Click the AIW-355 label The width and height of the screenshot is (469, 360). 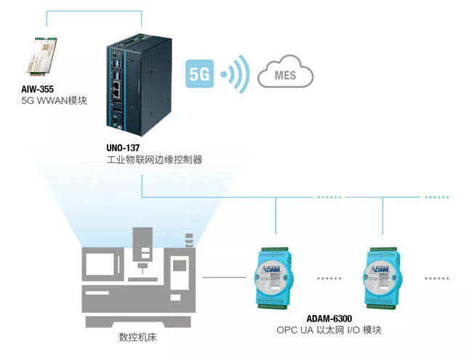pos(37,89)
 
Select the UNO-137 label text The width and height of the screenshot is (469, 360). pos(123,148)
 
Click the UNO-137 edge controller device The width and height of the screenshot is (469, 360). pos(139,84)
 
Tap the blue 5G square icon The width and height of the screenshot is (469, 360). pos(199,73)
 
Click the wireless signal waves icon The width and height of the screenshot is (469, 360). pos(236,74)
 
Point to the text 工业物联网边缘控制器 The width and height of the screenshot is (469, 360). pos(154,159)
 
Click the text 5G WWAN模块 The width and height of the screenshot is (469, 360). pos(54,100)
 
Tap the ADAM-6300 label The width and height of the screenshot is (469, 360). pos(329,319)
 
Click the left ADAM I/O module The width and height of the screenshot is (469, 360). pos(273,278)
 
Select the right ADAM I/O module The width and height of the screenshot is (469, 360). pos(382,278)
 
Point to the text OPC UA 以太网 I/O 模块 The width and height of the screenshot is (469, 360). pos(329,330)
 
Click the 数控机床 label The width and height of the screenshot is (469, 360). pos(137,337)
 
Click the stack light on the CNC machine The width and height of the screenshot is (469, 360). pos(189,240)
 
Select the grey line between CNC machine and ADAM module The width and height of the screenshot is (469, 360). pos(225,277)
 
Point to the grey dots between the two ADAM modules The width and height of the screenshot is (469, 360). pos(329,279)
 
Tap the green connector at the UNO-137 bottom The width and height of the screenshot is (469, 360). pos(115,121)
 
